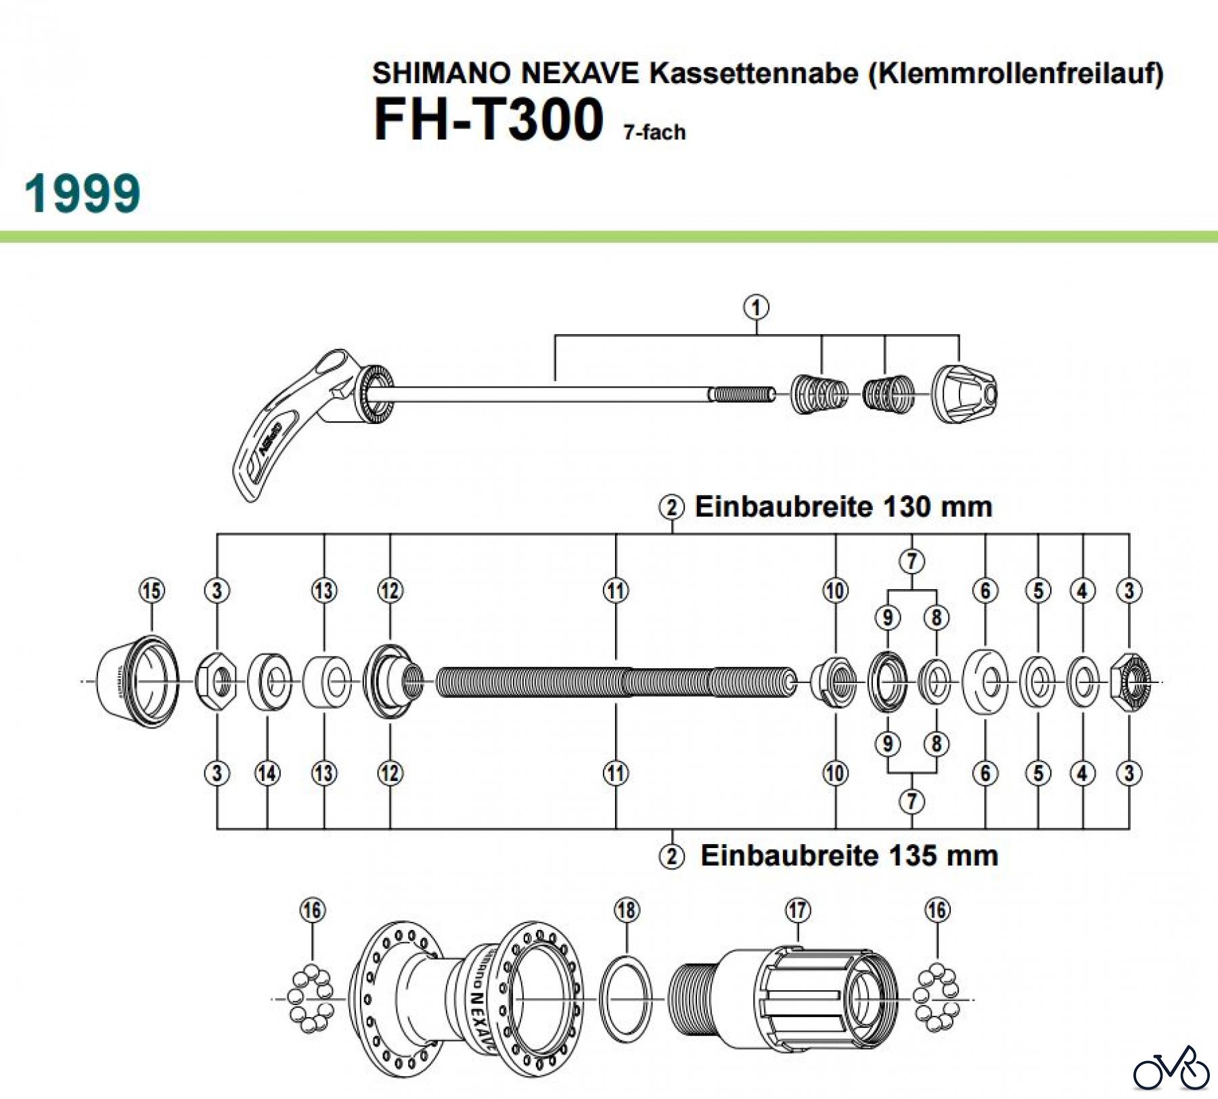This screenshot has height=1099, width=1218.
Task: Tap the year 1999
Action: [83, 193]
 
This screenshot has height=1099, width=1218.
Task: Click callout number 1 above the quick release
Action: [756, 308]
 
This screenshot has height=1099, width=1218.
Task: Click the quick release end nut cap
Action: [964, 394]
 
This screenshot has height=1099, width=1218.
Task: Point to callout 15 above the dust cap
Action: [152, 590]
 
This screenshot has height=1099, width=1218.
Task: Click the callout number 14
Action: [267, 773]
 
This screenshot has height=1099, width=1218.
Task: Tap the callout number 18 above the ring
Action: [627, 910]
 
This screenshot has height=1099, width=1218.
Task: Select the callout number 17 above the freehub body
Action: [798, 910]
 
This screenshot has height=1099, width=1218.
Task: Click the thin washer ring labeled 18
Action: [627, 1000]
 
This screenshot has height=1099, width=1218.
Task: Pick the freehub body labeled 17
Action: [785, 1000]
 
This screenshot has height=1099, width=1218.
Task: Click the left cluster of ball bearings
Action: [310, 999]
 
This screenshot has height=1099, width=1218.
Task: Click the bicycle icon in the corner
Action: [1171, 1069]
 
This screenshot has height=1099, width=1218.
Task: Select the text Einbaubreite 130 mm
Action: [843, 507]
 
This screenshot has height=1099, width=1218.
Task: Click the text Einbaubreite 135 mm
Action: [849, 856]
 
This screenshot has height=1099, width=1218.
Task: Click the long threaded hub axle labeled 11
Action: [616, 682]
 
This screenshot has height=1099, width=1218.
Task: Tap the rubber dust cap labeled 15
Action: [137, 681]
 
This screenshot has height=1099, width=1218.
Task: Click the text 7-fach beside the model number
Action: [654, 132]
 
